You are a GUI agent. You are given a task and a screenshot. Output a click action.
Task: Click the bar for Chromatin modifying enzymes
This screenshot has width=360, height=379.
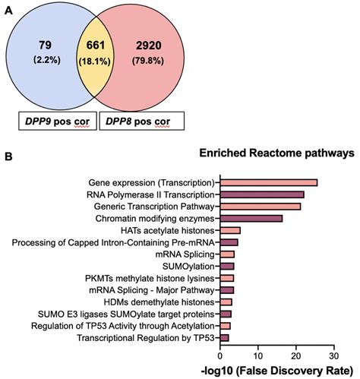click(x=251, y=218)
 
